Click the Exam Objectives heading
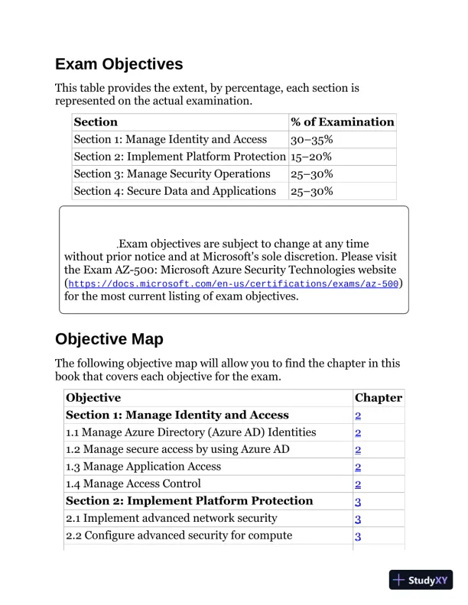(119, 63)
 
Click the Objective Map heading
(109, 338)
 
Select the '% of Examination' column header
(342, 122)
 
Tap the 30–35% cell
(311, 140)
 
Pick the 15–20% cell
(311, 157)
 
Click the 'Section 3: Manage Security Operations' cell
(172, 174)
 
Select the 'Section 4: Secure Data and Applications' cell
(174, 191)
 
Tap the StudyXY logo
(421, 580)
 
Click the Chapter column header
(378, 398)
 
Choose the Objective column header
(93, 398)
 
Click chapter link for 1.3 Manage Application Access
(357, 467)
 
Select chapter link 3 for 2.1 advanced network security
(357, 519)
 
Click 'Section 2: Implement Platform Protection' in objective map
(190, 501)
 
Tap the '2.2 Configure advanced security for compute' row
(179, 535)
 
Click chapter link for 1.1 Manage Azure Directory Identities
(357, 432)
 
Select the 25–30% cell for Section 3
(311, 174)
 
